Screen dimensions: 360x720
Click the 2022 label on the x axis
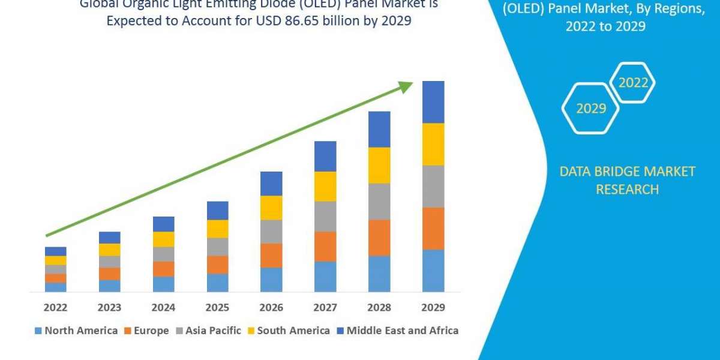point(55,308)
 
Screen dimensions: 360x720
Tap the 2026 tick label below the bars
point(271,308)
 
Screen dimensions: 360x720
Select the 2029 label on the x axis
point(433,308)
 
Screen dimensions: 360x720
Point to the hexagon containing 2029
point(590,109)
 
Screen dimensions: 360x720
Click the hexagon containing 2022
point(632,83)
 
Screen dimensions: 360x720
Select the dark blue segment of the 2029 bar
point(433,102)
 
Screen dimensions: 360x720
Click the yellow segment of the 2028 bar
point(379,165)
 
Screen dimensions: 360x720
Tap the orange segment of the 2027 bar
point(325,246)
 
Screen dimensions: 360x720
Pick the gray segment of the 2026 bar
point(271,231)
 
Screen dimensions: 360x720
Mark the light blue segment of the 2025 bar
point(217,283)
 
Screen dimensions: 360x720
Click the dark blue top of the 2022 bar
point(55,251)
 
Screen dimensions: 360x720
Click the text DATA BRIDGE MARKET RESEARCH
point(627,180)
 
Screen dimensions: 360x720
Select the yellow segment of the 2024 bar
point(163,239)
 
